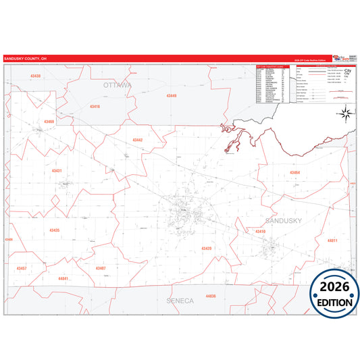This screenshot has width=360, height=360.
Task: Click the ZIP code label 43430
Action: click(35, 76)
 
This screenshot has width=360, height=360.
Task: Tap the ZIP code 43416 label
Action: click(95, 107)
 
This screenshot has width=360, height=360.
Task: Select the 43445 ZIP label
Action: click(172, 96)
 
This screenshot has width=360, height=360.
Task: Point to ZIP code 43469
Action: click(49, 122)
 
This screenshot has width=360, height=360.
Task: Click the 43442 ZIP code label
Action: click(137, 140)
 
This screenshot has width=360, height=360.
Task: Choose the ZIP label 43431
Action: click(57, 171)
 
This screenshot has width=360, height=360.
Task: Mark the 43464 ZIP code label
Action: click(294, 173)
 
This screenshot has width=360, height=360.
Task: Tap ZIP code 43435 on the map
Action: click(55, 230)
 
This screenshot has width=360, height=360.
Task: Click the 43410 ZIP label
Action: click(260, 231)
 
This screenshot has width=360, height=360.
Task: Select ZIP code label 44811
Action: click(332, 240)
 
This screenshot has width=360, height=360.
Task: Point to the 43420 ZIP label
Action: click(206, 249)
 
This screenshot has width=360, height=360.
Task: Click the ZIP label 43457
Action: click(22, 268)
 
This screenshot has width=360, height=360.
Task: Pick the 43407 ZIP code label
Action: click(100, 268)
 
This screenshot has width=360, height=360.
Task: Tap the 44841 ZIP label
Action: click(63, 278)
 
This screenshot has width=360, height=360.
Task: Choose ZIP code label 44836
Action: click(211, 297)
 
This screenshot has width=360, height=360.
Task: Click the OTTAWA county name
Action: click(118, 85)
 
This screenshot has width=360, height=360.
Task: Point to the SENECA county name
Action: click(180, 300)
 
